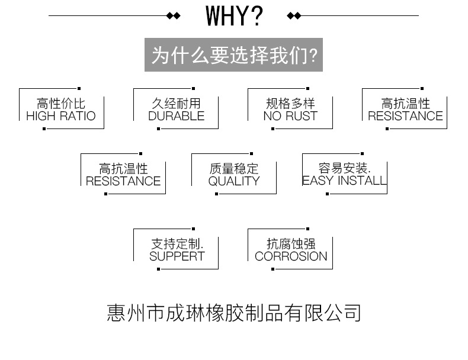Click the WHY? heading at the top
[233, 17]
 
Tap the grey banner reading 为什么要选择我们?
[234, 55]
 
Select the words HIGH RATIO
[61, 117]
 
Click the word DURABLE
[176, 117]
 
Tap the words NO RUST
[290, 117]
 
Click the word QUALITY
[234, 182]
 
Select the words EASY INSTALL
[344, 181]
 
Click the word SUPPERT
[177, 256]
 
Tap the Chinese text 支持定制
[177, 244]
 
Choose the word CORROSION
[291, 256]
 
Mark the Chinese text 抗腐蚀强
[291, 244]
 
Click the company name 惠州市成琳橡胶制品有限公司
[234, 312]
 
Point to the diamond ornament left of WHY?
[173, 16]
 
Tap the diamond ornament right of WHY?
[294, 16]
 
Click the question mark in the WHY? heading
[257, 17]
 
